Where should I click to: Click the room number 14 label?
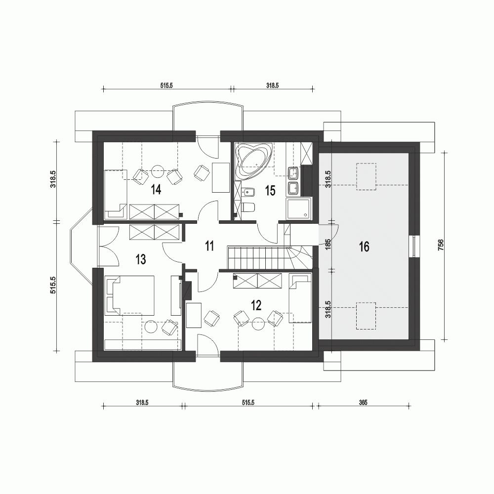(x=157, y=190)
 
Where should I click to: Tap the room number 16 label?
(x=364, y=247)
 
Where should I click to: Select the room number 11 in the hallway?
(x=209, y=246)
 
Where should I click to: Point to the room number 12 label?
(x=255, y=305)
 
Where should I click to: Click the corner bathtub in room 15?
(x=254, y=159)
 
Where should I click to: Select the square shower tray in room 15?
(x=299, y=208)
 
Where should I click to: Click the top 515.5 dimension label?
(x=166, y=85)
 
